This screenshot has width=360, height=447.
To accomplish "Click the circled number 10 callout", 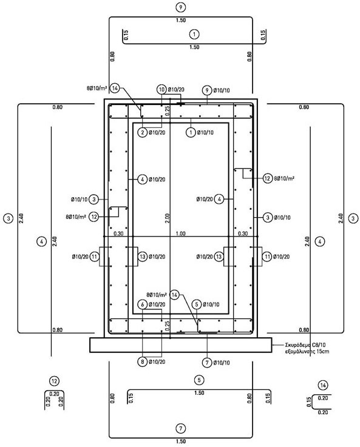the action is (161, 90).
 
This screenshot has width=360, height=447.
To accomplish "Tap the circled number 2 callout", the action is (142, 132).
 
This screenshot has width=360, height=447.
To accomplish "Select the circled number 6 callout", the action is (142, 304).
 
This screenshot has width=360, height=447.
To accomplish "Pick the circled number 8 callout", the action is (142, 362).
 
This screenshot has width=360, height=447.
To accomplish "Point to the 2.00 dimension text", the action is (167, 218).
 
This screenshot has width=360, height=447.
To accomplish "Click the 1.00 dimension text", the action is (180, 234).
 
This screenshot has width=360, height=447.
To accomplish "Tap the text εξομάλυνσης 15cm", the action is (307, 351).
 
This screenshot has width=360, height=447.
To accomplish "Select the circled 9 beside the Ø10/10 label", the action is (207, 90).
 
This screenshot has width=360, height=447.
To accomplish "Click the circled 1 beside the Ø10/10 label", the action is (191, 132).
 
